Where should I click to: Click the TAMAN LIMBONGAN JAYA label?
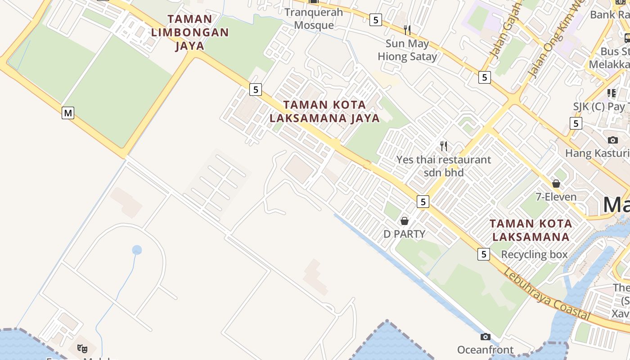tap(190, 32)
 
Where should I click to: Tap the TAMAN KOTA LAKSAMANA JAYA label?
tap(324, 112)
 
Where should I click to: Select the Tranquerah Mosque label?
tap(314, 18)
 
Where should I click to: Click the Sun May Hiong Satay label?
tap(407, 50)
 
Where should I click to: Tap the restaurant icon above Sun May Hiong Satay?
tap(407, 30)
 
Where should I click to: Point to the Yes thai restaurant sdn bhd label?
tap(444, 166)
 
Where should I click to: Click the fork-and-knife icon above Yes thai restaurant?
tap(444, 146)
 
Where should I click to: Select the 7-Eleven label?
tap(556, 197)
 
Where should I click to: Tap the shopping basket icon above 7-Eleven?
tap(556, 184)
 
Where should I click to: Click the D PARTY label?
tap(404, 234)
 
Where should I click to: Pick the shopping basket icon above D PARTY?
tap(405, 221)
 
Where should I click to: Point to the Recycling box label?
tap(535, 255)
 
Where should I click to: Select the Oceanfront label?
tap(485, 350)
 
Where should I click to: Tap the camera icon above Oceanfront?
tap(485, 337)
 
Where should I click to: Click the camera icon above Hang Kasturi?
tap(612, 140)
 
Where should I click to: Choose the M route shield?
tap(68, 113)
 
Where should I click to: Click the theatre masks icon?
tap(82, 348)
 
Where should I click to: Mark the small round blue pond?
tap(137, 250)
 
